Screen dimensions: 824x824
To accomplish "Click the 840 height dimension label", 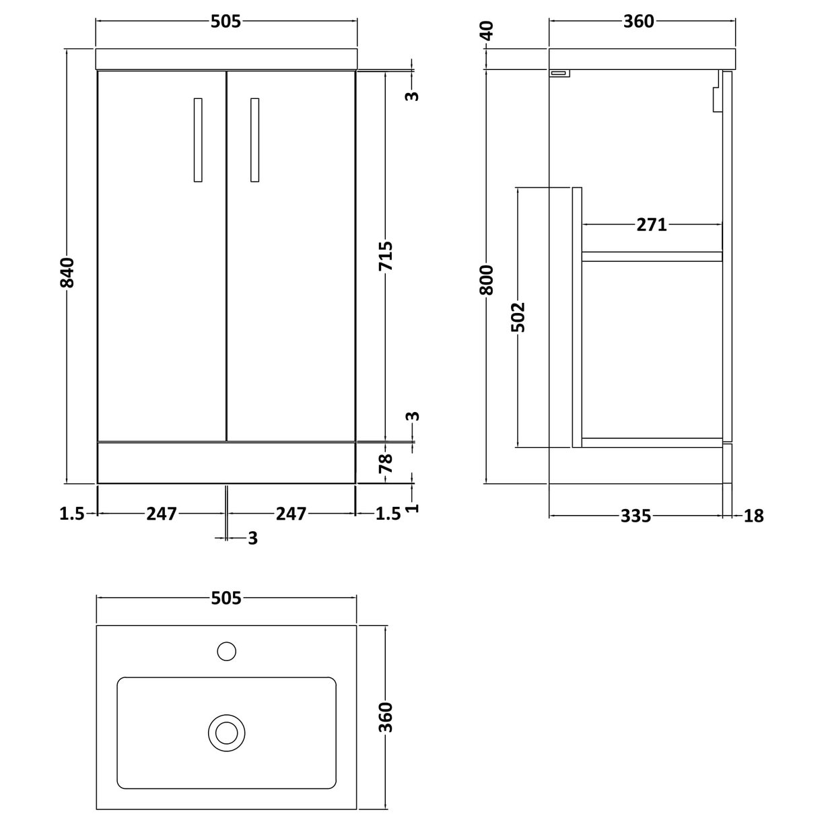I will click(x=67, y=272).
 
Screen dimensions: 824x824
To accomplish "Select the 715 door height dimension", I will click(x=386, y=256).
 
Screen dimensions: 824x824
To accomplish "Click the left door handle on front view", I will click(x=197, y=140).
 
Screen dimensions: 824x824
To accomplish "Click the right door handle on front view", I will click(x=254, y=140).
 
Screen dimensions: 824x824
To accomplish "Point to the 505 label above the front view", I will click(x=226, y=22).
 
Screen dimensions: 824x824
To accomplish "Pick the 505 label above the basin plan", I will click(x=226, y=598).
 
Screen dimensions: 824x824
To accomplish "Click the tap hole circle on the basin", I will click(x=227, y=651).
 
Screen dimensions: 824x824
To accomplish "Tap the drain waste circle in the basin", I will click(x=225, y=732).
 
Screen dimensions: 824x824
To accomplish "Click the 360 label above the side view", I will click(x=638, y=22).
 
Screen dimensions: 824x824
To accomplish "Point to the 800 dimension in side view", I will click(x=487, y=280).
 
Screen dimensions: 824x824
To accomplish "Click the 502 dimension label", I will click(x=518, y=316).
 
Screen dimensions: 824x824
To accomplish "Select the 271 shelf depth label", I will click(x=651, y=224).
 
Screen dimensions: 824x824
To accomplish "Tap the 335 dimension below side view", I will click(x=636, y=516).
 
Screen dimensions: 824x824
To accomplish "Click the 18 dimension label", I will click(x=754, y=516).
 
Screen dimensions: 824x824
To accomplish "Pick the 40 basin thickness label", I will click(x=487, y=32).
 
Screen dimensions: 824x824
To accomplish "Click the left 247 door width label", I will click(x=162, y=514).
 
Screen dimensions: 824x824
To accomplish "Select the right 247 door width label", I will click(x=291, y=514).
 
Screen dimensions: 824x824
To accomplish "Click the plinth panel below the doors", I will click(x=226, y=462).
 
